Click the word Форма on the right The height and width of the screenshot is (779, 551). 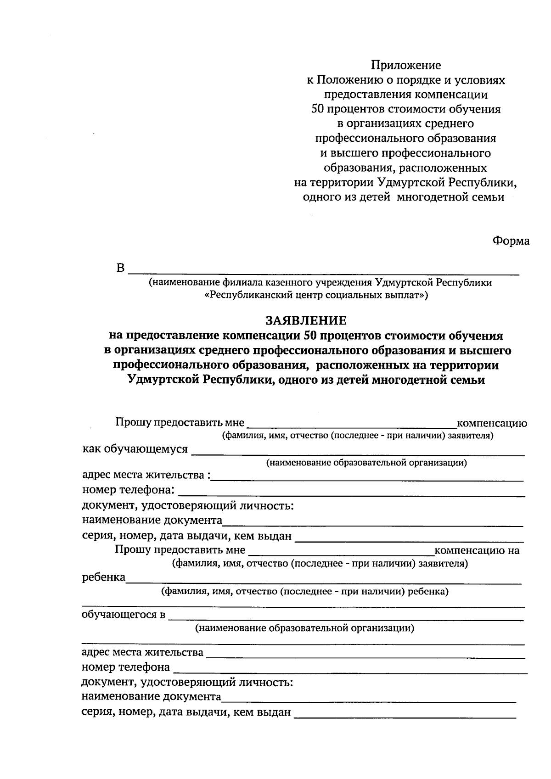click(x=511, y=241)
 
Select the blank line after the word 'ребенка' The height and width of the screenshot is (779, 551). click(x=324, y=582)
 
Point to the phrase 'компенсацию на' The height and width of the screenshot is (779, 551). click(x=477, y=550)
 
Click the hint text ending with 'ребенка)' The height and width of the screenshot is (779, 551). click(x=304, y=592)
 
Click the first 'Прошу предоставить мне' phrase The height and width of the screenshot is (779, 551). click(x=180, y=422)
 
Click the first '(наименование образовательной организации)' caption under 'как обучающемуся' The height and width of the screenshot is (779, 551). click(x=366, y=463)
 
